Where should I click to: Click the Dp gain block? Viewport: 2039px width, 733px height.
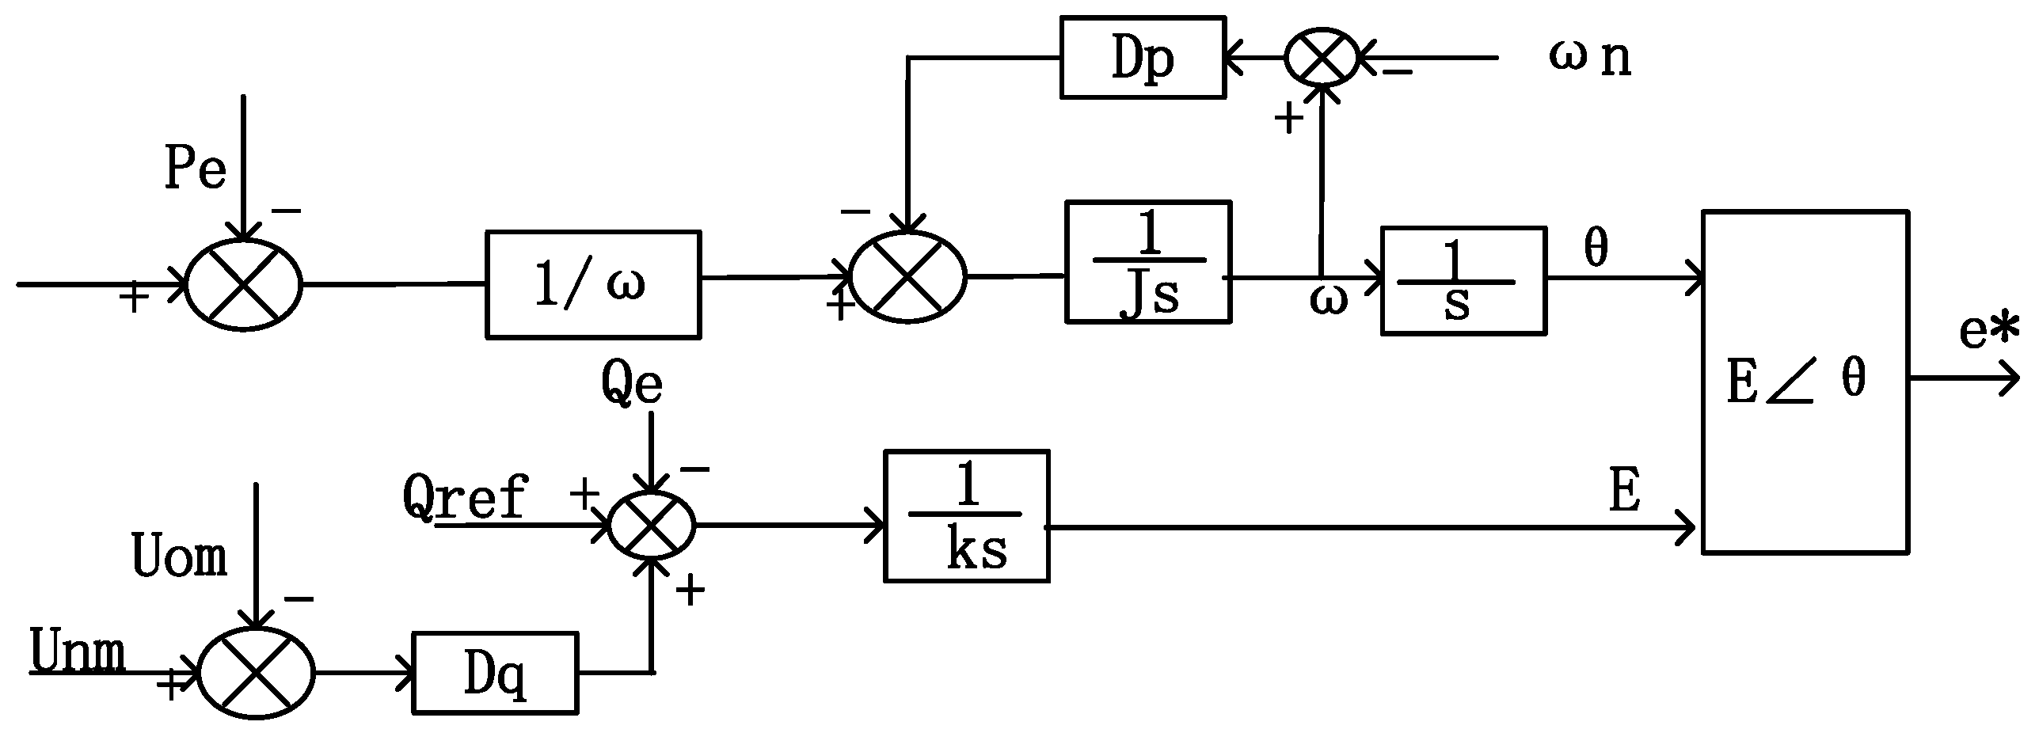1143,58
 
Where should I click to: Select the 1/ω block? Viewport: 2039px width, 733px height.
592,284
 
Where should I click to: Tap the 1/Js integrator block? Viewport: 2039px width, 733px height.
1148,262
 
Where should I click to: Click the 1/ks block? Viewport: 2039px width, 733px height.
966,516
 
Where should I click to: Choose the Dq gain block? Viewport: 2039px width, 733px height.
495,673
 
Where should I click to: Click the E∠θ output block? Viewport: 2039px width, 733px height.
1805,382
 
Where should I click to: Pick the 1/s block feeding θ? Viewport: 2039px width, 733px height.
1463,281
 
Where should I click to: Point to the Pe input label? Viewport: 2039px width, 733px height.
195,168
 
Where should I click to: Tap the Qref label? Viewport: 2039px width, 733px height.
465,496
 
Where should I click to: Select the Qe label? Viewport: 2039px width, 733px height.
631,385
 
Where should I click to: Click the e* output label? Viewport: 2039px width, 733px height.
1988,332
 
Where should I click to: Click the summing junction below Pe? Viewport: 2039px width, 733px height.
244,285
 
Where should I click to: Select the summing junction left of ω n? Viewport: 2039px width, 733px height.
1321,58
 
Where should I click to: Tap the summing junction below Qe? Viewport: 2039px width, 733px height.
650,525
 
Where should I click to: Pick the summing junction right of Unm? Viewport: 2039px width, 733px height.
256,673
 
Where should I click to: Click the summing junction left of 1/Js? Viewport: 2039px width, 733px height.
907,277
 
